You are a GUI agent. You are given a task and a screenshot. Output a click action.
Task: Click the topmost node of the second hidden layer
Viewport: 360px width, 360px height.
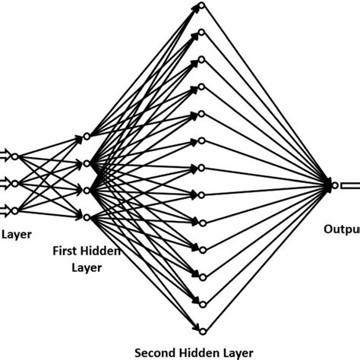pos(201,5)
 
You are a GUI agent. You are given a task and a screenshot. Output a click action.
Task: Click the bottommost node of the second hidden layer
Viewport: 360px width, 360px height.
pos(201,330)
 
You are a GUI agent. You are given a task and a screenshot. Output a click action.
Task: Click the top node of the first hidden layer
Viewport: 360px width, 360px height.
pos(87,136)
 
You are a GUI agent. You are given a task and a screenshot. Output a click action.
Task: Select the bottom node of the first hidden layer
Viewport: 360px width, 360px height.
pos(87,219)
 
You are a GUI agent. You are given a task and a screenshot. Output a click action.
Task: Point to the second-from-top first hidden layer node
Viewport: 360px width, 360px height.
pos(87,163)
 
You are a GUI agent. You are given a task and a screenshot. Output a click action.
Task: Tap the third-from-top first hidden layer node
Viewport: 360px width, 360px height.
pos(87,191)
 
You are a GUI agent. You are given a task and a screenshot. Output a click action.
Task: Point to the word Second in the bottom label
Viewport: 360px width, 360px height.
pos(156,352)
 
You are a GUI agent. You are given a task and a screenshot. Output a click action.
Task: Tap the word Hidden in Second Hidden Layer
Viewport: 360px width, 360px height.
pos(201,352)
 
